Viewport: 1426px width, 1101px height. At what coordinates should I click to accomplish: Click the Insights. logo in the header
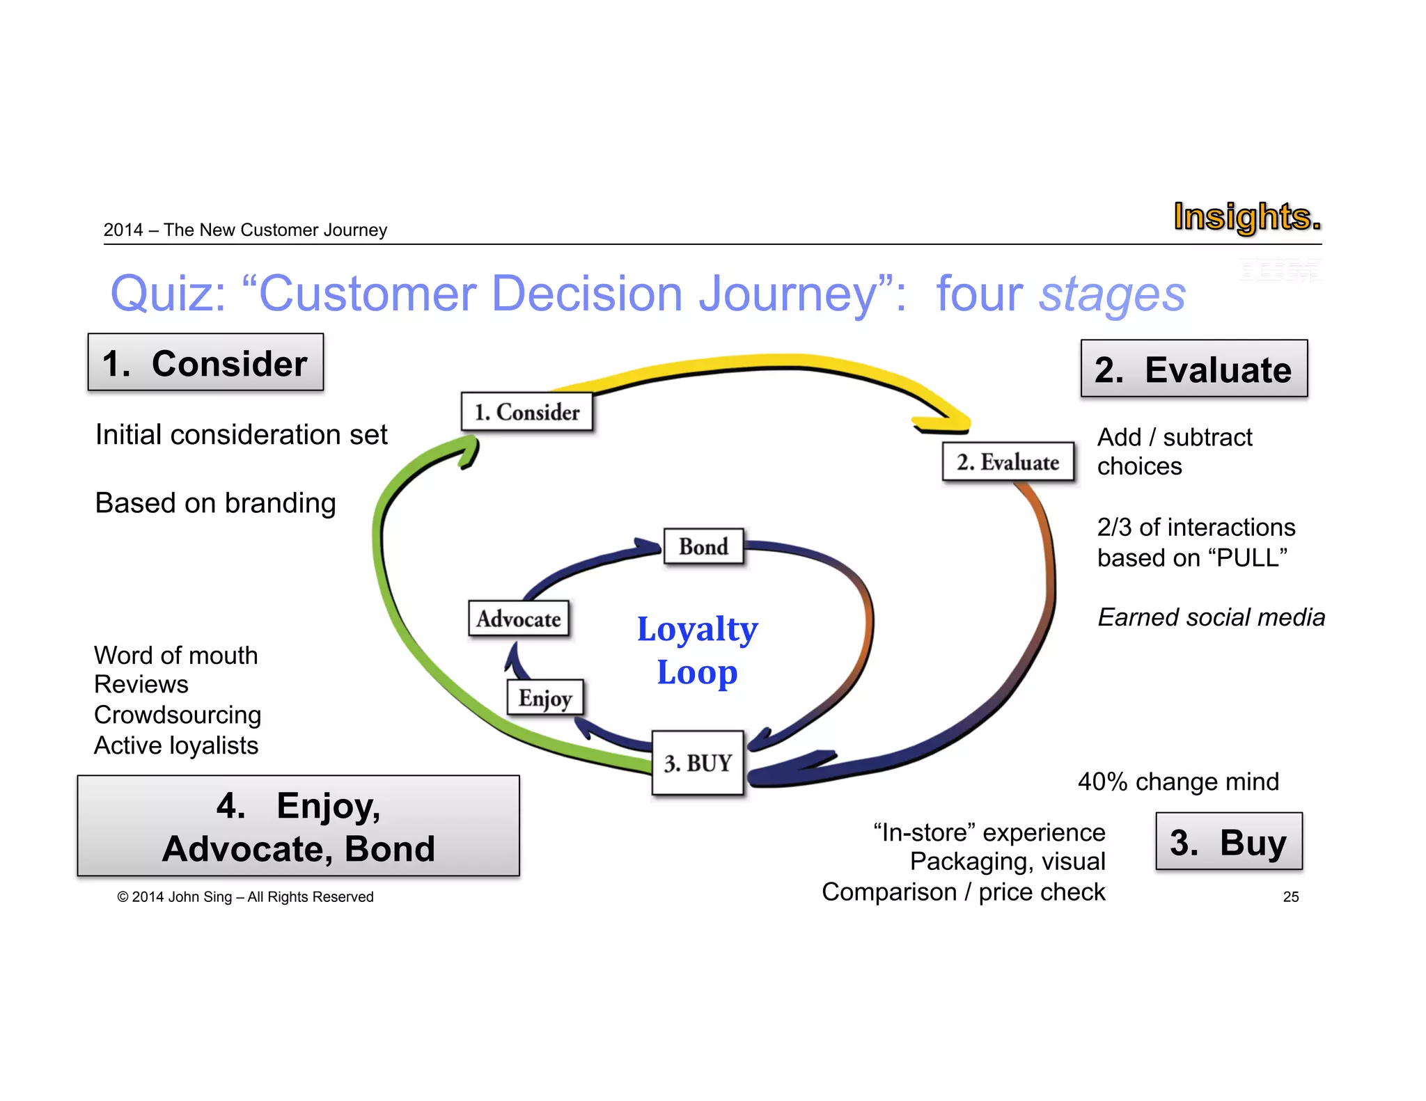pos(1246,217)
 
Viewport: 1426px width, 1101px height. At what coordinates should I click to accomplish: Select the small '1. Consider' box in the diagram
pos(527,412)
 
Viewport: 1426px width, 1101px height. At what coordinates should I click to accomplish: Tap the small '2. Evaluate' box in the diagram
pos(1008,461)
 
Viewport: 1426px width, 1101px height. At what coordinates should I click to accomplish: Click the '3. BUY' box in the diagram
pos(698,763)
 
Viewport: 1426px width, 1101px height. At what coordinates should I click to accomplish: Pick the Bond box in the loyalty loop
pos(703,546)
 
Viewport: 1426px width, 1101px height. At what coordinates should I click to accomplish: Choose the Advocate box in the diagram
pos(519,619)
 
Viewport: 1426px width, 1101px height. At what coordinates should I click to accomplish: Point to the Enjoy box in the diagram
pos(545,697)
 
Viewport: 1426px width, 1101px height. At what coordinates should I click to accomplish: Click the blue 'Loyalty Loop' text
pos(697,650)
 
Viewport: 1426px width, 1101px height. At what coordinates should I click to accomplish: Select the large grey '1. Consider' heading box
pos(205,363)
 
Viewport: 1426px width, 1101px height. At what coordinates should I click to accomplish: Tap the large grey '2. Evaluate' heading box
pos(1193,369)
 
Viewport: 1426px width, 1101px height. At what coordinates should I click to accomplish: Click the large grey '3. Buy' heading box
pos(1228,841)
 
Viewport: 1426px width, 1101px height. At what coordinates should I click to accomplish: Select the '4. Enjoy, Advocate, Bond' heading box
pos(298,826)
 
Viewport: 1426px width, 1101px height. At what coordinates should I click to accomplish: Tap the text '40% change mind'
pos(1178,782)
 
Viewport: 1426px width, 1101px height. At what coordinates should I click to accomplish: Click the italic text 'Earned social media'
pos(1211,617)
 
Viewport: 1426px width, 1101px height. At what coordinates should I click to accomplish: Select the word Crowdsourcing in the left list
pos(178,715)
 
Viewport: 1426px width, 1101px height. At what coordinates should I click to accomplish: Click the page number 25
pos(1290,897)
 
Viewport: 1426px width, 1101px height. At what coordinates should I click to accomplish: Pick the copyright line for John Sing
pos(245,897)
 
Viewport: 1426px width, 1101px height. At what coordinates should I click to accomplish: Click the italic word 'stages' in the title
pos(1112,294)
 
